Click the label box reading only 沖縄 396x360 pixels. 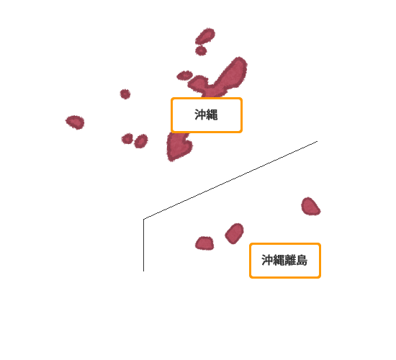click(x=207, y=115)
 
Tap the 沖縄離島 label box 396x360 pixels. click(x=285, y=261)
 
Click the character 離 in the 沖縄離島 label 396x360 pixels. click(x=290, y=260)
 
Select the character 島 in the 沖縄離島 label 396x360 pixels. click(x=302, y=260)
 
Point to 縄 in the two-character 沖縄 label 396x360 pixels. click(x=212, y=115)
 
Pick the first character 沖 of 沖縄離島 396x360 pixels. click(x=267, y=260)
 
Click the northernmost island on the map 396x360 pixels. click(x=205, y=36)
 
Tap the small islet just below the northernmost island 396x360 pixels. click(x=201, y=50)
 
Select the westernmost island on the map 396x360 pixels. click(x=76, y=122)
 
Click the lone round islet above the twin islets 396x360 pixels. click(x=125, y=94)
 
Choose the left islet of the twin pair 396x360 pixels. click(x=127, y=139)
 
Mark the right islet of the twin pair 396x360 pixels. click(x=141, y=141)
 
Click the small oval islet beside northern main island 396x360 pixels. click(x=184, y=76)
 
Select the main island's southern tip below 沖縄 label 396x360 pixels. click(x=179, y=146)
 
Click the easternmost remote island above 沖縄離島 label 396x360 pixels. click(x=310, y=207)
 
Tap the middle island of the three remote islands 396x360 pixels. click(x=235, y=233)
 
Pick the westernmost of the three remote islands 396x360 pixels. click(x=204, y=243)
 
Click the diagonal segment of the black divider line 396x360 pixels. click(x=230, y=180)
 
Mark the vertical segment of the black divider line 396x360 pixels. click(x=144, y=246)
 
